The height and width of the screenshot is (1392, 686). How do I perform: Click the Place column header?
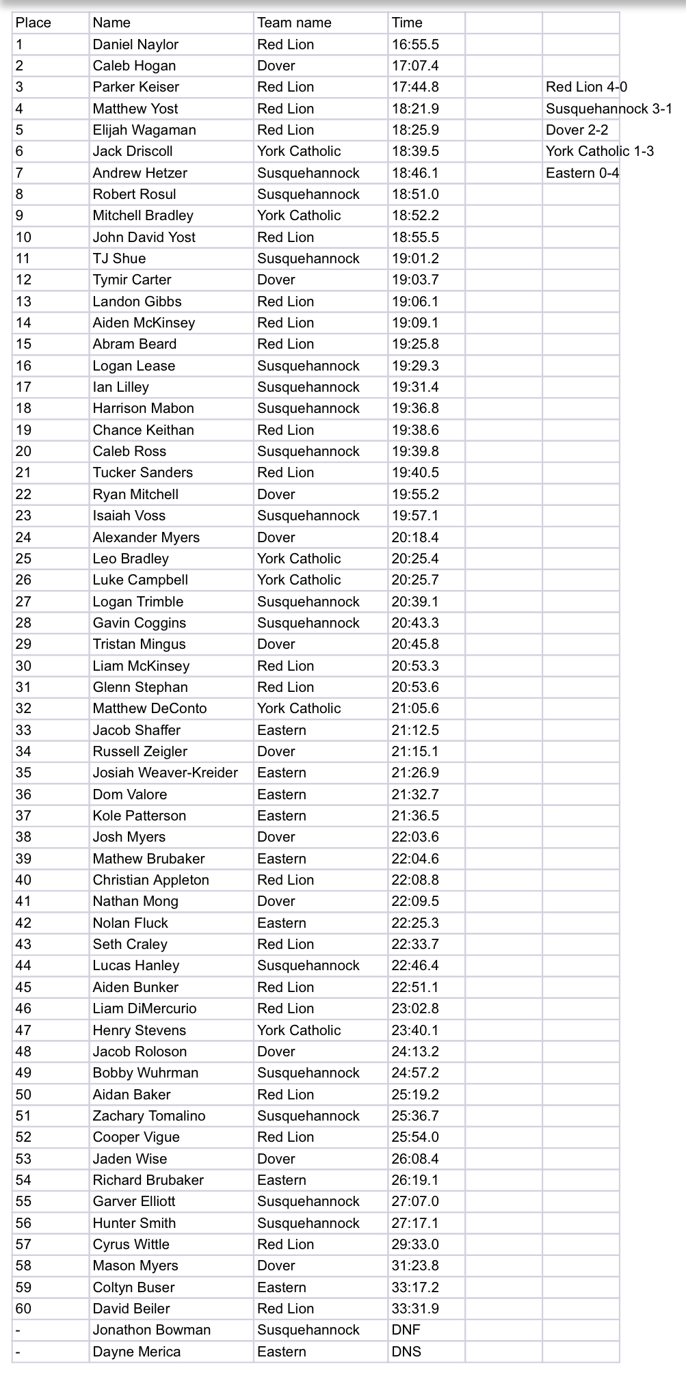pos(34,23)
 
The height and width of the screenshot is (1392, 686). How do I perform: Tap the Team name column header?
pos(294,23)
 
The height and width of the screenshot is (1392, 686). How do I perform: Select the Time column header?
pos(407,23)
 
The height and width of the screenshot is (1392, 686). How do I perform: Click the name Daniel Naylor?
pos(135,44)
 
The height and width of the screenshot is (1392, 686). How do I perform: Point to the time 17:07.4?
pos(415,66)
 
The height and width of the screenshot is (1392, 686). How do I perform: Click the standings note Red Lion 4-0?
pos(586,87)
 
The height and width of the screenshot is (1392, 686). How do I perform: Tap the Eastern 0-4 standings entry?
pos(582,173)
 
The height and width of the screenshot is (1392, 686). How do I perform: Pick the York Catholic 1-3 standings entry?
pos(599,151)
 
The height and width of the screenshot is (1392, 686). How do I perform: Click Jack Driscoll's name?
pos(133,151)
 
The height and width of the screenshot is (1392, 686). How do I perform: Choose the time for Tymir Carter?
pos(415,280)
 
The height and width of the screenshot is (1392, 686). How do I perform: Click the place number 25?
pos(23,559)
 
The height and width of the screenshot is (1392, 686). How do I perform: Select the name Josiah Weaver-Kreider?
pos(166,773)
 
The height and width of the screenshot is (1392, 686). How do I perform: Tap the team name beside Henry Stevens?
pos(299,1030)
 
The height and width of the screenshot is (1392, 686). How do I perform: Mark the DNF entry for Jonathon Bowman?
pos(406,1330)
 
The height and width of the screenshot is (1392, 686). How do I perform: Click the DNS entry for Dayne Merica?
pos(406,1352)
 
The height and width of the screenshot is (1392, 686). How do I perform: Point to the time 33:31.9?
pos(415,1309)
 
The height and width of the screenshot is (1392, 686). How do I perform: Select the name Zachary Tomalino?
pos(149,1116)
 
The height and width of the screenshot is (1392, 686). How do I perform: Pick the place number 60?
pos(23,1309)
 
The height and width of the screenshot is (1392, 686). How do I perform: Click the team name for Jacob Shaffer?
pos(282,730)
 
